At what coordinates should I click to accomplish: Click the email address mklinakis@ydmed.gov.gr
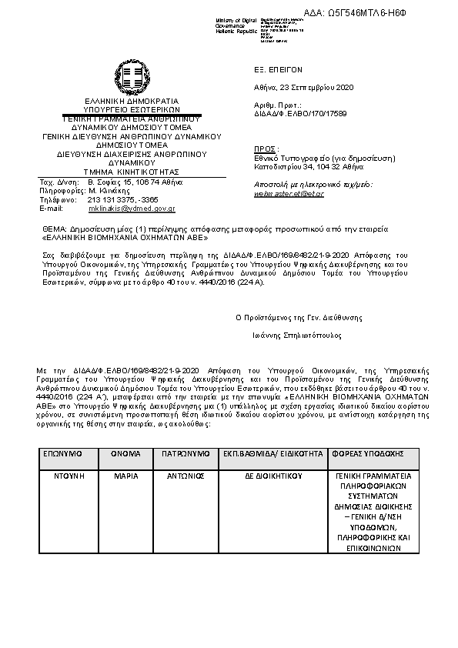(x=132, y=209)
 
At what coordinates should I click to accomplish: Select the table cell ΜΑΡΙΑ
(x=125, y=476)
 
